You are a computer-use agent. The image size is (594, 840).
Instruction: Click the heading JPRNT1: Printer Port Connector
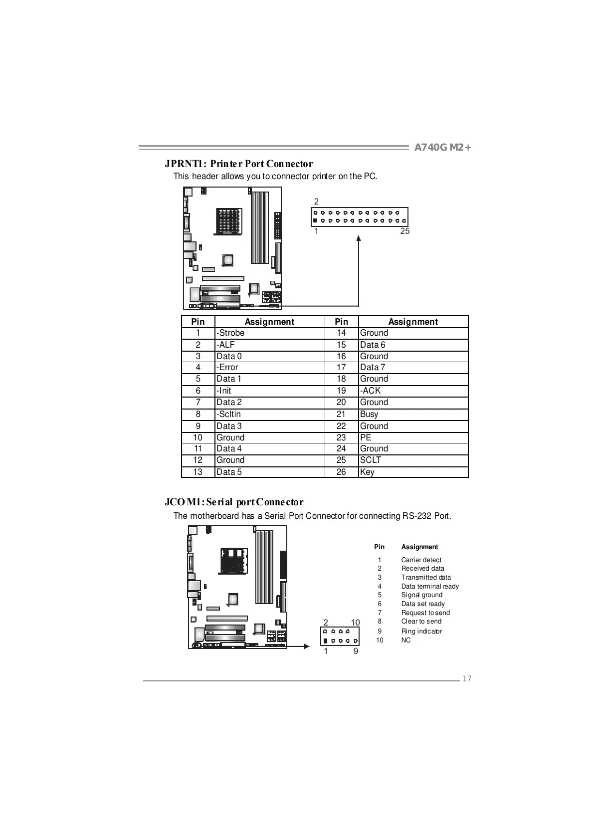[x=239, y=164]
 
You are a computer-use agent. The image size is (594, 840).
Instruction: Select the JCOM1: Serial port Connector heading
[x=234, y=502]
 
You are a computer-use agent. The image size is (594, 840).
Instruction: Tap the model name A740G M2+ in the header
[x=443, y=148]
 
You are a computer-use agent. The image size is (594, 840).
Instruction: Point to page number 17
[x=467, y=678]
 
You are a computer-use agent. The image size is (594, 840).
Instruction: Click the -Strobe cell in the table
[x=230, y=333]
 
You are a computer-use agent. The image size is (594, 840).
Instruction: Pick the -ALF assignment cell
[x=225, y=345]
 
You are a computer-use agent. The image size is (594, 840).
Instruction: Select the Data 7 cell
[x=373, y=368]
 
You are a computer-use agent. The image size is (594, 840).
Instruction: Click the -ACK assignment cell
[x=371, y=391]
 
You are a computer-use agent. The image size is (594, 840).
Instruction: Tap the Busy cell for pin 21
[x=369, y=414]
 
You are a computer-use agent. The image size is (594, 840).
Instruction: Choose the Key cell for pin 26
[x=367, y=472]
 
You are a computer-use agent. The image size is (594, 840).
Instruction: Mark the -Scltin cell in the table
[x=228, y=414]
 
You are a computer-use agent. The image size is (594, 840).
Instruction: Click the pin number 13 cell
[x=198, y=472]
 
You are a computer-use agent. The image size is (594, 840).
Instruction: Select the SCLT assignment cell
[x=371, y=460]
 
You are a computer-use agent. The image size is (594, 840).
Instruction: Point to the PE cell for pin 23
[x=366, y=437]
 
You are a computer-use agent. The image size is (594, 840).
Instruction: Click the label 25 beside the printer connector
[x=405, y=231]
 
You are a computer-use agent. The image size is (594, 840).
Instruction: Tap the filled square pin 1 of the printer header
[x=315, y=220]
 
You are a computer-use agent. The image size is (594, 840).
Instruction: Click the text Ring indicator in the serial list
[x=421, y=631]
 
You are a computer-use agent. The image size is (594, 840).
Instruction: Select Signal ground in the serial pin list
[x=422, y=595]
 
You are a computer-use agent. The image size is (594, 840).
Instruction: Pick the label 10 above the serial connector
[x=355, y=623]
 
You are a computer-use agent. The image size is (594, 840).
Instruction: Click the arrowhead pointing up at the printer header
[x=359, y=238]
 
